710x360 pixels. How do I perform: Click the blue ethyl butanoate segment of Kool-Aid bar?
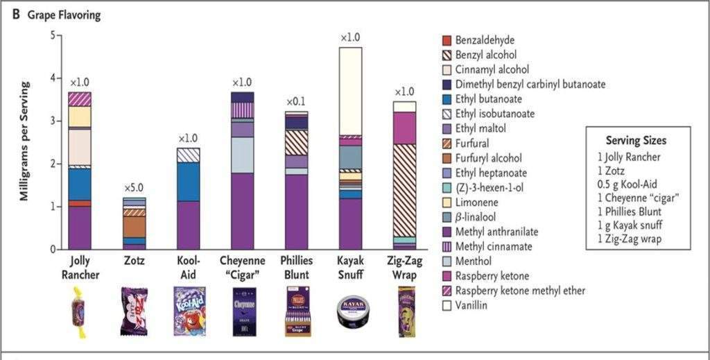187,181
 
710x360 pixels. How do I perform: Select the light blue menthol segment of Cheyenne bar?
241,155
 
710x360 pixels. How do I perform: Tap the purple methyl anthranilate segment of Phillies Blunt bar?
296,212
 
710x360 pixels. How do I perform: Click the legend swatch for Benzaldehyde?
447,41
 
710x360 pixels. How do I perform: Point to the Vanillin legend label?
472,305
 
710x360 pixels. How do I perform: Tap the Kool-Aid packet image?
187,312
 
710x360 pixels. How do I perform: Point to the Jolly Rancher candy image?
80,312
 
